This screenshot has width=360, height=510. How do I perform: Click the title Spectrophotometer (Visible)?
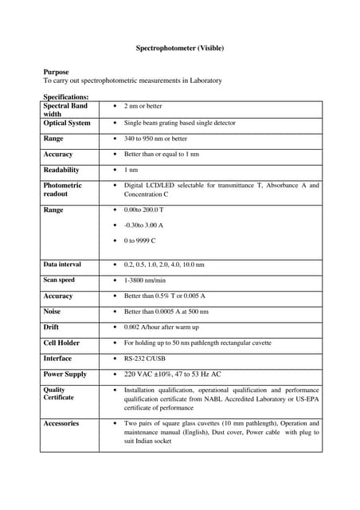[180, 49]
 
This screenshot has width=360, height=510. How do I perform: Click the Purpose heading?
[56, 72]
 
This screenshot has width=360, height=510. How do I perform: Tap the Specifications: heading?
[66, 96]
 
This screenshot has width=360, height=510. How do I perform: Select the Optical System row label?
[67, 124]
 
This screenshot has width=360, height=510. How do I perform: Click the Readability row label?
[61, 170]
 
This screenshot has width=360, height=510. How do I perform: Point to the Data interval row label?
[62, 264]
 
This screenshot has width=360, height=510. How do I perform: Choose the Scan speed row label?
[59, 280]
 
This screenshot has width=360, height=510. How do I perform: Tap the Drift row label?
[51, 327]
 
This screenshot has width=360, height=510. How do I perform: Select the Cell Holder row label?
[61, 343]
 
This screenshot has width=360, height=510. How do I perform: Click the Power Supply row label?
[65, 374]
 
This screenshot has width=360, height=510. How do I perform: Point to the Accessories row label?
[61, 423]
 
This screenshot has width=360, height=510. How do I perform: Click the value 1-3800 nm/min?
[145, 280]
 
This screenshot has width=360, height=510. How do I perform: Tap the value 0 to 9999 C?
[140, 240]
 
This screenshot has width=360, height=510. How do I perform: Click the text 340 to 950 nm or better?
[156, 139]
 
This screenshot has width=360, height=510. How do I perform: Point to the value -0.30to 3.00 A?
[143, 225]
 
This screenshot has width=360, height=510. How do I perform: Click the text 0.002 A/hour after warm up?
[162, 327]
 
